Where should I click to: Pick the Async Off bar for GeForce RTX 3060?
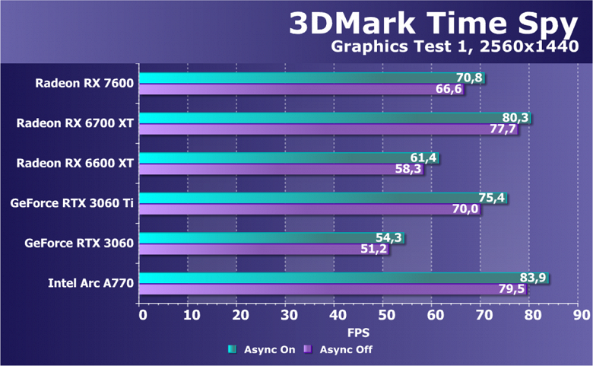click(251, 249)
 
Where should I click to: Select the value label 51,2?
click(374, 249)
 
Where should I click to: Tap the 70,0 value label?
click(467, 209)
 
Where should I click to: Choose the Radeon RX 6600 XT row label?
click(75, 162)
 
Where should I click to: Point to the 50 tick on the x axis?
click(385, 314)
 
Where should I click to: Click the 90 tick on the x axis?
click(581, 314)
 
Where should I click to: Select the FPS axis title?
click(358, 333)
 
